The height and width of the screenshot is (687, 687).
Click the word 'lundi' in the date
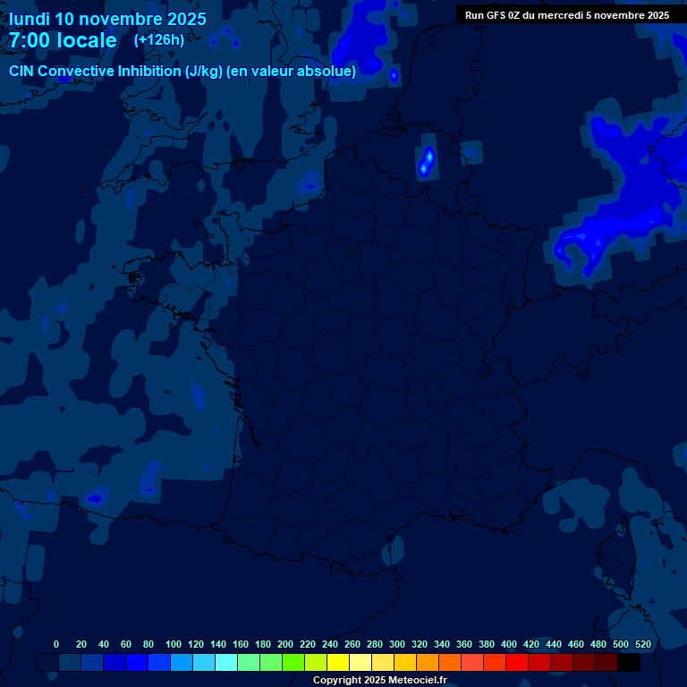[x=30, y=19]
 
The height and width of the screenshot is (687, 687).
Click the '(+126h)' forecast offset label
[x=158, y=40]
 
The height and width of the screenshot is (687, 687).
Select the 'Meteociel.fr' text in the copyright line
[x=417, y=681]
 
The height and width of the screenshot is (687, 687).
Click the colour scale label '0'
[x=56, y=644]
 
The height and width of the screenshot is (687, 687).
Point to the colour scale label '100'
[x=174, y=644]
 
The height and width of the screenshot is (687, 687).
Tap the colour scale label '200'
[x=285, y=644]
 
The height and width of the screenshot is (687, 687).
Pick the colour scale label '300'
[x=397, y=644]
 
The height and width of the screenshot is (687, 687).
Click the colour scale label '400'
[x=509, y=644]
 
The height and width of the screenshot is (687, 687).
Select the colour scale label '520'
[x=642, y=644]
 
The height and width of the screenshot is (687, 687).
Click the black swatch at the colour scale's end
[x=629, y=663]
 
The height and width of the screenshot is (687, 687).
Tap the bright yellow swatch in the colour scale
[x=338, y=663]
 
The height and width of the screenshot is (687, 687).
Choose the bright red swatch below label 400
[x=517, y=663]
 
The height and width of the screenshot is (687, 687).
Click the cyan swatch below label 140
[x=226, y=663]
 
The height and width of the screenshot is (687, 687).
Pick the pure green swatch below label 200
[x=293, y=663]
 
